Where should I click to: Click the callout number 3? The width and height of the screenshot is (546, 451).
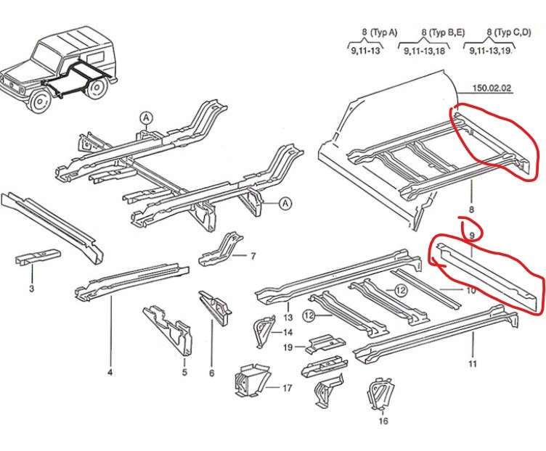coord(31,290)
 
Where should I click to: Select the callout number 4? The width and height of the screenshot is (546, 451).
coord(110,373)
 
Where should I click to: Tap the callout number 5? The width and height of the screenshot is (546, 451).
coord(184,373)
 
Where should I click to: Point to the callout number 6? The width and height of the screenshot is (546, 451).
coord(211,373)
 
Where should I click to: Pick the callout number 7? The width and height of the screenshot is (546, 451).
coord(253,257)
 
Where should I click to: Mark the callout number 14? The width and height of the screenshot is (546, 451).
coord(288,332)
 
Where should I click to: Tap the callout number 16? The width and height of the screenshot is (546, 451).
coord(383,421)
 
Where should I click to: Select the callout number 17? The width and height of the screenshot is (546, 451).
coord(287,388)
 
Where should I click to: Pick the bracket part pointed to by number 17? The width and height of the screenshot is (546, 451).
coord(248,381)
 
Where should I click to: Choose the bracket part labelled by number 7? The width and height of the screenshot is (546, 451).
coord(219,250)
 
